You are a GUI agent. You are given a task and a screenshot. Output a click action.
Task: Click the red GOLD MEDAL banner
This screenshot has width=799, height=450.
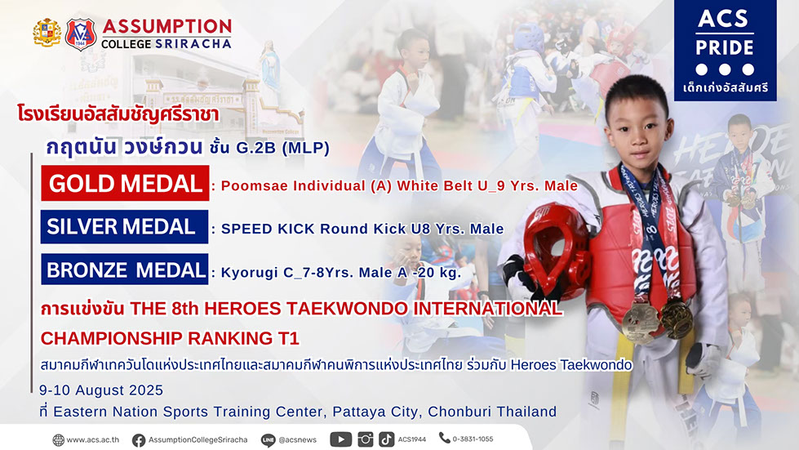[x=125, y=183]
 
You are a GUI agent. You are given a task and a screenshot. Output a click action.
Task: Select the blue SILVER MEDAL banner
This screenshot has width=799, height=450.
[x=124, y=227]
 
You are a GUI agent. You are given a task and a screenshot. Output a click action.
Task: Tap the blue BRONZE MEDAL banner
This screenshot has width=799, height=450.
[x=124, y=270]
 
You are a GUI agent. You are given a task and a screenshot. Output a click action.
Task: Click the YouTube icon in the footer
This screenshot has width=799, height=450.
[x=340, y=439]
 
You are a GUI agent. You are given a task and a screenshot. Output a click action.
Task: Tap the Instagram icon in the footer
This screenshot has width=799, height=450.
[x=365, y=439]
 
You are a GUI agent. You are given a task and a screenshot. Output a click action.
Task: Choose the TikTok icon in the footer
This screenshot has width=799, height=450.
[x=386, y=439]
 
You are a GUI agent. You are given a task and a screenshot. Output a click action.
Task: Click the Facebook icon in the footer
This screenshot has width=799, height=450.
[x=138, y=440]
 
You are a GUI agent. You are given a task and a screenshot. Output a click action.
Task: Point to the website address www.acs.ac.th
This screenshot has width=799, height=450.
[x=93, y=440]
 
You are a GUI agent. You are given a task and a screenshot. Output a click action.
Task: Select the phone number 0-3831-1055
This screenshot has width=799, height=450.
[x=473, y=439]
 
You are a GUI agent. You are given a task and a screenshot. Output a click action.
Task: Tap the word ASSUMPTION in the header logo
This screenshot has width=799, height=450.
[x=167, y=26]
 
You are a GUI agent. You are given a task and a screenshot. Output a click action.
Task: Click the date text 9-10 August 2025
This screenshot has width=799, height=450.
[x=101, y=390]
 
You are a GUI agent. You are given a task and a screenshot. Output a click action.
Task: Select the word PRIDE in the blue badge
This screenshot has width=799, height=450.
[x=725, y=48]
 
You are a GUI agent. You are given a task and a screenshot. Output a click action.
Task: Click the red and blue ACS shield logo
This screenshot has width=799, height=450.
[x=81, y=34]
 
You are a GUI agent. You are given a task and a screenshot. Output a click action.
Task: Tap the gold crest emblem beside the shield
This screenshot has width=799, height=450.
[x=47, y=33]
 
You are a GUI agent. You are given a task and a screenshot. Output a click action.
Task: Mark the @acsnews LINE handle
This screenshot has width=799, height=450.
[x=298, y=440]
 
